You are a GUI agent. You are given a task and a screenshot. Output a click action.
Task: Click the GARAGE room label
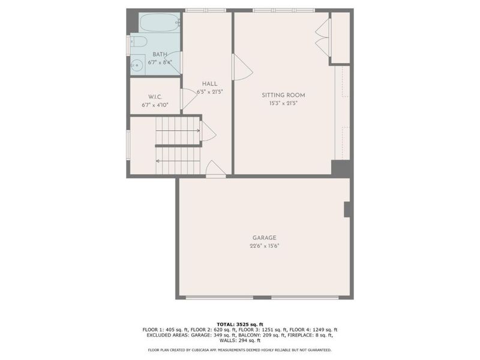tap(265, 238)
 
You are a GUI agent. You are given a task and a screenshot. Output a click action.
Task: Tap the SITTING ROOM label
tap(283, 95)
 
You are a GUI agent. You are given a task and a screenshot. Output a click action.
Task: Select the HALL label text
tap(209, 84)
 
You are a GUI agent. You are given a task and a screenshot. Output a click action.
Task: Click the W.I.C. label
tap(155, 97)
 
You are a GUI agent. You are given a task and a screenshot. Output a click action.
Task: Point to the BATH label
tap(159, 54)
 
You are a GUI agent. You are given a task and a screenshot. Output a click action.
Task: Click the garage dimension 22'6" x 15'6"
tap(265, 245)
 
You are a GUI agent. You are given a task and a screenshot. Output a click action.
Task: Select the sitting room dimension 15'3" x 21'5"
tap(283, 103)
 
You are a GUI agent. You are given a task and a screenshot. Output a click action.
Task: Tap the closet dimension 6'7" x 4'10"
tap(155, 105)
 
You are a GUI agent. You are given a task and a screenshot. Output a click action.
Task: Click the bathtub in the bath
tap(159, 23)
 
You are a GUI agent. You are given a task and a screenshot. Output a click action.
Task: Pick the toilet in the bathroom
tap(138, 41)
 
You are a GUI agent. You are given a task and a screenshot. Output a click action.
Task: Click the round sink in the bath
tap(137, 65)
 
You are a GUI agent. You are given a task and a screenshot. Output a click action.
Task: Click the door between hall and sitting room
tap(242, 67)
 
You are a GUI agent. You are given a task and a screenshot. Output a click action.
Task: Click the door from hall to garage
tap(215, 170)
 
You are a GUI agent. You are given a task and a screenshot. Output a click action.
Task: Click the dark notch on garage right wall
tap(347, 209)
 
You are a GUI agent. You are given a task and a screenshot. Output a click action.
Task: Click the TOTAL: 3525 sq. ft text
tap(239, 324)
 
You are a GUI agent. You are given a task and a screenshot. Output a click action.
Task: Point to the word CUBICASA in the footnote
tap(202, 350)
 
